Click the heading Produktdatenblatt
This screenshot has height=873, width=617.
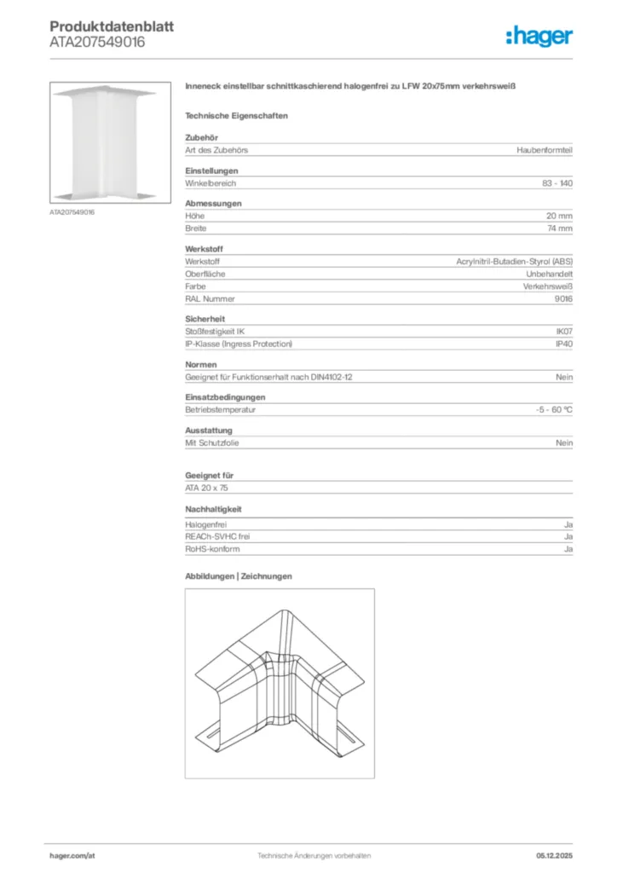point(112,26)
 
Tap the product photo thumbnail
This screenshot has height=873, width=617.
point(105,143)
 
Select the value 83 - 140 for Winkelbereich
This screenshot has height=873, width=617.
point(557,183)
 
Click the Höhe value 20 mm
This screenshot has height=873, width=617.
point(559,216)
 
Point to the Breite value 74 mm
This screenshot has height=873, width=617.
point(559,228)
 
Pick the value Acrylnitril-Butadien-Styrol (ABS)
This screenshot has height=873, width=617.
point(515,261)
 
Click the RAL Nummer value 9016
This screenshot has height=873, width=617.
point(563,299)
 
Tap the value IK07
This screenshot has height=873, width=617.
point(563,331)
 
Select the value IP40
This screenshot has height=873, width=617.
point(563,344)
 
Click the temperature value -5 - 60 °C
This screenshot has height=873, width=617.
point(548,409)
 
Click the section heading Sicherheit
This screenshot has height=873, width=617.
point(205,319)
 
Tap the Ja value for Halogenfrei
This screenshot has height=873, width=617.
point(568,524)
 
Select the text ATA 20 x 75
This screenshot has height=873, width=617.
point(206,488)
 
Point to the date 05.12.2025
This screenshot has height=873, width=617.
point(554,855)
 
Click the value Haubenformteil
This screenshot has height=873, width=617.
point(545,150)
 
